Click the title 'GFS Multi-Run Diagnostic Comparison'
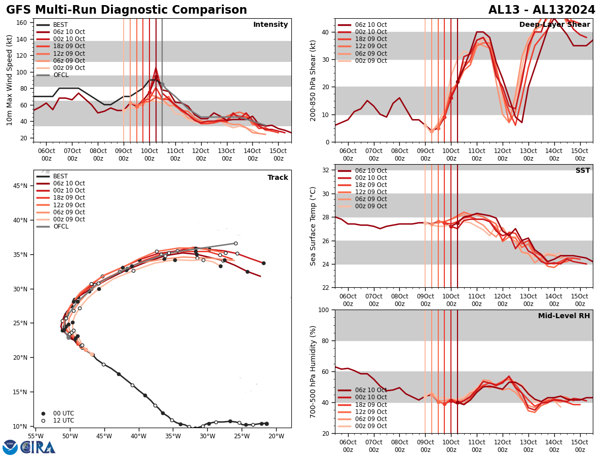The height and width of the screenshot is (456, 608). click(127, 10)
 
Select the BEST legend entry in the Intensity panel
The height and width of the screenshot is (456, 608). click(60, 25)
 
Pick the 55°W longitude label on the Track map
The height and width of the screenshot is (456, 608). click(35, 436)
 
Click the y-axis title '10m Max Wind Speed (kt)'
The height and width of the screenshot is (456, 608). click(9, 81)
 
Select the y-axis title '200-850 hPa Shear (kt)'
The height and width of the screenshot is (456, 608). click(313, 81)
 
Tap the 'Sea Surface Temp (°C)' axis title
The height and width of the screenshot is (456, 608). click(313, 226)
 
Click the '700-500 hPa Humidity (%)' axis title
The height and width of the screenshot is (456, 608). click(313, 371)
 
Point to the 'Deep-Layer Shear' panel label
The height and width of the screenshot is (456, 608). click(554, 25)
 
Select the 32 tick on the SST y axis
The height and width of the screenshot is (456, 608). click(325, 170)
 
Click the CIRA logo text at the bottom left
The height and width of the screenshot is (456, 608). click(39, 447)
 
